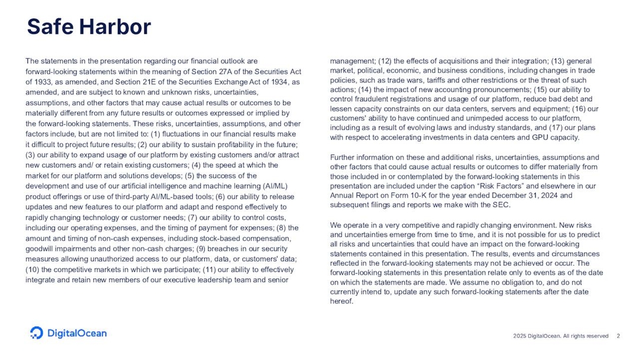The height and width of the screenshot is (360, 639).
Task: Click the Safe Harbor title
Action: [89, 27]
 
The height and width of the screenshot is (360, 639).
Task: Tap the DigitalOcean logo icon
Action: [37, 333]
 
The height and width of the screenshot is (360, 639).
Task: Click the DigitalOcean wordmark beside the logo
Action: [77, 333]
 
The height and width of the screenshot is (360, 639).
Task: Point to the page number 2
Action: [618, 336]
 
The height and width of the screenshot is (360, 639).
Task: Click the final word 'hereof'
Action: [341, 301]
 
